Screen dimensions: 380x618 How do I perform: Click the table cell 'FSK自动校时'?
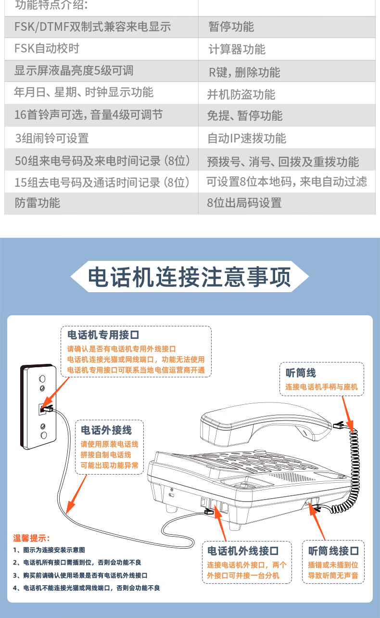pyautogui.click(x=101, y=49)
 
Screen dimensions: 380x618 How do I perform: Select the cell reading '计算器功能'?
pyautogui.click(x=287, y=49)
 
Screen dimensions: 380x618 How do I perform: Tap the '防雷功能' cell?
pyautogui.click(x=101, y=203)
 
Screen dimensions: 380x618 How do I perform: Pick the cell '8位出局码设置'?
pyautogui.click(x=287, y=203)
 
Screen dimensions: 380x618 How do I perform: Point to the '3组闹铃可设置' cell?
pyautogui.click(x=101, y=138)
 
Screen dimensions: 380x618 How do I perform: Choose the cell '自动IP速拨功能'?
pyautogui.click(x=287, y=138)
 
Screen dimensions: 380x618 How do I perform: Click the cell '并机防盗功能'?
pyautogui.click(x=287, y=93)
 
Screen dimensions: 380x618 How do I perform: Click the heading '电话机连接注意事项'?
pyautogui.click(x=190, y=277)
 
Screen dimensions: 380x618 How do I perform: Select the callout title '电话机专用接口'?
pyautogui.click(x=103, y=335)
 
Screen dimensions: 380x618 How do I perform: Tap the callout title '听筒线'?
pyautogui.click(x=301, y=373)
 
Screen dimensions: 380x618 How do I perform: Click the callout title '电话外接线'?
pyautogui.click(x=106, y=430)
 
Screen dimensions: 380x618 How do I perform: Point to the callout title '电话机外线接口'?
pyautogui.click(x=243, y=551)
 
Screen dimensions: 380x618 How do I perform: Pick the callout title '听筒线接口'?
pyautogui.click(x=333, y=551)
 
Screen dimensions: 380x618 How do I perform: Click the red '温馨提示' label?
pyautogui.click(x=31, y=538)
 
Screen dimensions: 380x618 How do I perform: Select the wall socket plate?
pyautogui.click(x=38, y=406)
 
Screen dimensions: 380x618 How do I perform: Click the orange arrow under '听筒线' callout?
pyautogui.click(x=348, y=414)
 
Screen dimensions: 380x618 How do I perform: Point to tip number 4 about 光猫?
pyautogui.click(x=86, y=588)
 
